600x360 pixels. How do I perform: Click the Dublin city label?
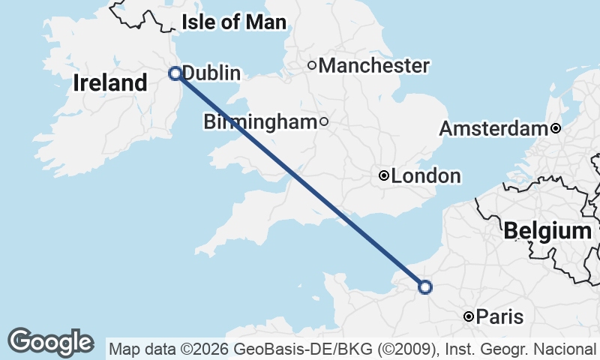(211, 73)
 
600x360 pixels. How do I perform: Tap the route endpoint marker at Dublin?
(175, 73)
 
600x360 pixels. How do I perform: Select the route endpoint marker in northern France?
(425, 286)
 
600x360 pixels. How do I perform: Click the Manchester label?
(373, 66)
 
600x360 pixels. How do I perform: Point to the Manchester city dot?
(312, 65)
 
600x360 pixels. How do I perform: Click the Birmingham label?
(261, 121)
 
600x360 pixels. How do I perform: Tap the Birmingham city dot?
(324, 121)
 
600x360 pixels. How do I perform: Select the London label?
(426, 176)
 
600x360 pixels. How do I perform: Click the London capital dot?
(384, 176)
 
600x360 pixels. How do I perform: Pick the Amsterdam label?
(493, 129)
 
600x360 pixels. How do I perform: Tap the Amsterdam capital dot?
(555, 128)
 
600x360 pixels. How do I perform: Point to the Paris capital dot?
(469, 317)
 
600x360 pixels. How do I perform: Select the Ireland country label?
(110, 83)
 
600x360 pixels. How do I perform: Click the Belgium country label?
(547, 231)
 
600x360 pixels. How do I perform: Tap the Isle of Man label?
(233, 22)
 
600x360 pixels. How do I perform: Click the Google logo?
(50, 342)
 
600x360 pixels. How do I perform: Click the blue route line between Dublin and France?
(300, 179)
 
